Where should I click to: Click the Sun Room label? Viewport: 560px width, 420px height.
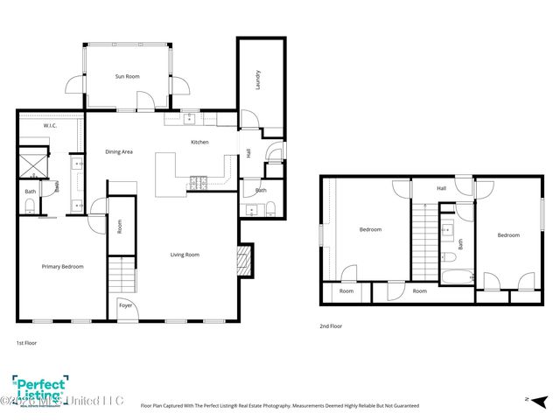[128, 77]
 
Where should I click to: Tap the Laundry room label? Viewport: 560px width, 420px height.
[259, 80]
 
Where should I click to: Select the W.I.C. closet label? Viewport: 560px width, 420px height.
[38, 126]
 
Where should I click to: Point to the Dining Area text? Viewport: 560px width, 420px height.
[119, 152]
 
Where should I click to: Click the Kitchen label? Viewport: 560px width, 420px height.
[199, 142]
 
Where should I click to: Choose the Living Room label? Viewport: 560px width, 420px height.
[185, 255]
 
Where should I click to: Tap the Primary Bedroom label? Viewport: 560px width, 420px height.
[63, 266]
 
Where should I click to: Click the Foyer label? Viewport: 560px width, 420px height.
[125, 305]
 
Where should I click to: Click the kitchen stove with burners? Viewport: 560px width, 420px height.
[198, 182]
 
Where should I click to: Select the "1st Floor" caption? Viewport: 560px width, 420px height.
[26, 344]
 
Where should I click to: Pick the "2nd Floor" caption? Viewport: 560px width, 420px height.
[331, 325]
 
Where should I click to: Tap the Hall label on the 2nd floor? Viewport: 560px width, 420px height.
[441, 187]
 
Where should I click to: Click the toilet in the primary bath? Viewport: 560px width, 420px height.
[30, 205]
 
